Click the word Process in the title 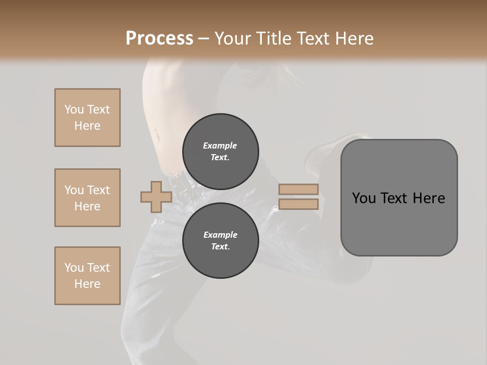coord(159,39)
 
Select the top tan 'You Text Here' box coord(87,118)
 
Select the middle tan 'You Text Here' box coord(87,198)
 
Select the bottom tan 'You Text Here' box coord(87,276)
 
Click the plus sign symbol coord(156,197)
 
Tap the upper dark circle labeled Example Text coord(220,151)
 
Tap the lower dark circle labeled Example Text coord(220,240)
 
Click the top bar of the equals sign coord(298,189)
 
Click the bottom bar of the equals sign coord(298,204)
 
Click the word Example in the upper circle coord(220,145)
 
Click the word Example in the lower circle coord(220,235)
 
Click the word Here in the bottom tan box coord(87,284)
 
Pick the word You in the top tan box coord(74,109)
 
